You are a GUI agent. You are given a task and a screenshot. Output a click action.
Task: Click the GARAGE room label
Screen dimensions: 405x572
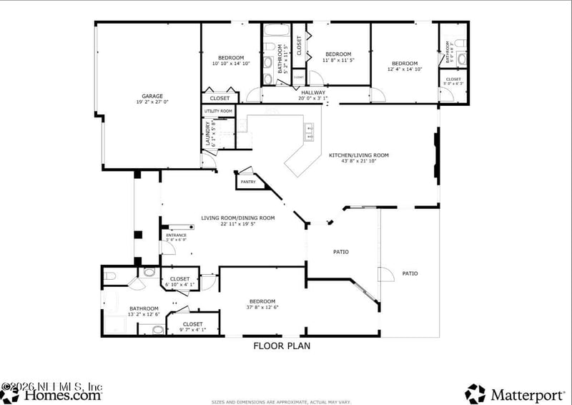pos(152,96)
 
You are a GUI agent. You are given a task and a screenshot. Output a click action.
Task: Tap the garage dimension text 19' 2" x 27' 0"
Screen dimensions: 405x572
pos(152,102)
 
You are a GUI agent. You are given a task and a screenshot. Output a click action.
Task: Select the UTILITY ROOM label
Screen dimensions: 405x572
pos(219,111)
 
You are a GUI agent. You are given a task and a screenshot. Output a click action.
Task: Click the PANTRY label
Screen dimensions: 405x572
pos(248,182)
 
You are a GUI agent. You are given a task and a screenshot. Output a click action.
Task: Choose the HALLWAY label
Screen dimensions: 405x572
pos(312,92)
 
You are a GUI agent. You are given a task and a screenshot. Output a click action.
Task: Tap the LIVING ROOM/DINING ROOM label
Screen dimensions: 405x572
pos(237,218)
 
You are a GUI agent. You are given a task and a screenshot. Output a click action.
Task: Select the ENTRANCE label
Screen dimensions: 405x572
pos(176,235)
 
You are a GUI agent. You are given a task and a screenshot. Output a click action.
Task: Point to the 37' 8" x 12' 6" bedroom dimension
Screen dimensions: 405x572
pos(262,308)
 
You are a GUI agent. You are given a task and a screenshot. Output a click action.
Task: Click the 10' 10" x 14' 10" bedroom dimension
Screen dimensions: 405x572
pos(231,64)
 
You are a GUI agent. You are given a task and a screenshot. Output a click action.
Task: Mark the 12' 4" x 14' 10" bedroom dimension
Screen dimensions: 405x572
pos(405,69)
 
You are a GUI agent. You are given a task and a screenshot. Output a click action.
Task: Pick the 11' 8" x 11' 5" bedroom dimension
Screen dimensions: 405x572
pos(338,61)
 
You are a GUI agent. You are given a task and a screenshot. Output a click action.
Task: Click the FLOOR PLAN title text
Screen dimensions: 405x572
pos(282,346)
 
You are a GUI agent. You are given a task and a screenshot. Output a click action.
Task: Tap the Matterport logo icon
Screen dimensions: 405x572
pos(475,393)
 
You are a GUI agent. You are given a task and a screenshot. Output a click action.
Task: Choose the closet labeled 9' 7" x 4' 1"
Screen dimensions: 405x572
pos(192,326)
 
